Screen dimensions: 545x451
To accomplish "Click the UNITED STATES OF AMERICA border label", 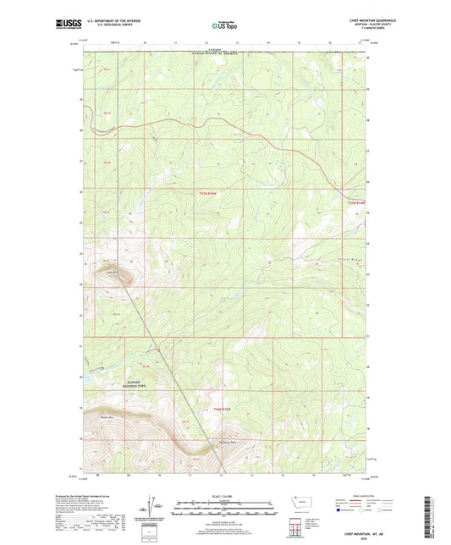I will coord(217,52).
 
